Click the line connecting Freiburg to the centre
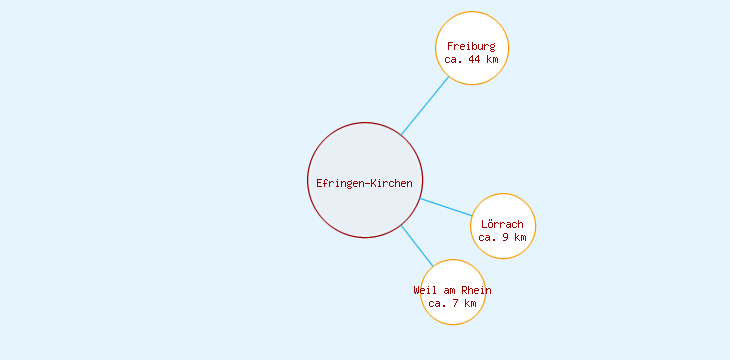click(x=425, y=105)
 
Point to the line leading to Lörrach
click(x=446, y=207)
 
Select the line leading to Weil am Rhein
click(x=416, y=245)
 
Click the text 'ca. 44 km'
click(x=471, y=59)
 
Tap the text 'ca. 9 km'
click(x=502, y=237)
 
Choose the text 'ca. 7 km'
click(x=452, y=302)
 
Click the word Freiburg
click(x=471, y=46)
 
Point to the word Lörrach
click(x=502, y=224)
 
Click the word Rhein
click(x=476, y=290)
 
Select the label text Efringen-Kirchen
click(x=364, y=183)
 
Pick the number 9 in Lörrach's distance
click(x=506, y=237)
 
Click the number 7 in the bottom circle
click(x=456, y=302)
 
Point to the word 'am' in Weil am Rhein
click(x=450, y=290)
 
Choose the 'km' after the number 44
click(x=491, y=59)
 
